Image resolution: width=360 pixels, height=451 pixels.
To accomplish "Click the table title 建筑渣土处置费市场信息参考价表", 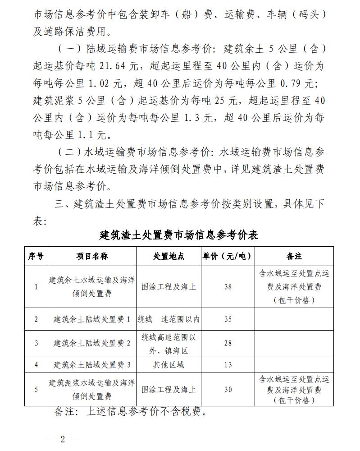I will click(x=179, y=235).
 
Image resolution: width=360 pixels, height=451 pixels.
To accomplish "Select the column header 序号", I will click(x=36, y=256).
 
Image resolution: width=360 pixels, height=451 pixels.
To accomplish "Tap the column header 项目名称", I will click(x=92, y=256).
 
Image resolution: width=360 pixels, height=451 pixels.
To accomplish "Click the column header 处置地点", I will click(x=169, y=256).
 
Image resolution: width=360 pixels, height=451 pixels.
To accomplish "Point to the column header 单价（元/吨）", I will click(x=228, y=256).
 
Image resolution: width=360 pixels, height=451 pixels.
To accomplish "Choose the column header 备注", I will click(x=294, y=256).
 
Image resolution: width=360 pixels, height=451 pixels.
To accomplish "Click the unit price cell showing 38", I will click(x=228, y=287).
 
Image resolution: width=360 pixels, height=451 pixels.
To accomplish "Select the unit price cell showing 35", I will click(x=228, y=319).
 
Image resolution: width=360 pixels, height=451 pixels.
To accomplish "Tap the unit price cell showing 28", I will click(x=228, y=343).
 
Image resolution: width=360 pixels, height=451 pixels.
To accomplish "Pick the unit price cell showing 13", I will click(x=228, y=364).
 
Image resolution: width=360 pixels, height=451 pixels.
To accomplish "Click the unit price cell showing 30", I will click(x=228, y=390).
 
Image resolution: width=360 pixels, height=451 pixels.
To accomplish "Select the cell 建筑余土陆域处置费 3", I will click(x=92, y=364).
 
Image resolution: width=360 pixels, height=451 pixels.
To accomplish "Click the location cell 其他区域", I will click(x=169, y=364).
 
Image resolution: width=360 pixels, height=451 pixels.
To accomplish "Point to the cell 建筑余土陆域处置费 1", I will click(x=92, y=319).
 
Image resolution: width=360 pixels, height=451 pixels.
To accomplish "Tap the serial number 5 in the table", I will click(x=36, y=390).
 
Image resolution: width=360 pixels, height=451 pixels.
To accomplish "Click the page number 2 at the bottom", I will click(x=63, y=439).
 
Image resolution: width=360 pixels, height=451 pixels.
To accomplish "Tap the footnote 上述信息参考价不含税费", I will click(x=146, y=412).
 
